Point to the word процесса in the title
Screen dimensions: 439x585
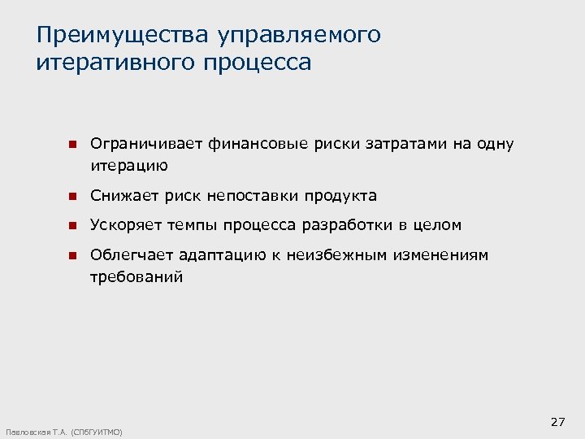259,63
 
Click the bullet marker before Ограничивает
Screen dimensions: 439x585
71,145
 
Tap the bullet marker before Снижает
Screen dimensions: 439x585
71,197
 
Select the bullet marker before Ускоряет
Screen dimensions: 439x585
71,226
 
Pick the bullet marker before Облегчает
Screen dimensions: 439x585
71,255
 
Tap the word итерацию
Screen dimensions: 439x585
129,167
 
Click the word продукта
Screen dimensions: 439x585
340,196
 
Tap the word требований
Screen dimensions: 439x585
136,277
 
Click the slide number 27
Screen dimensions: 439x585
557,422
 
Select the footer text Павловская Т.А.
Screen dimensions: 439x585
37,432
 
